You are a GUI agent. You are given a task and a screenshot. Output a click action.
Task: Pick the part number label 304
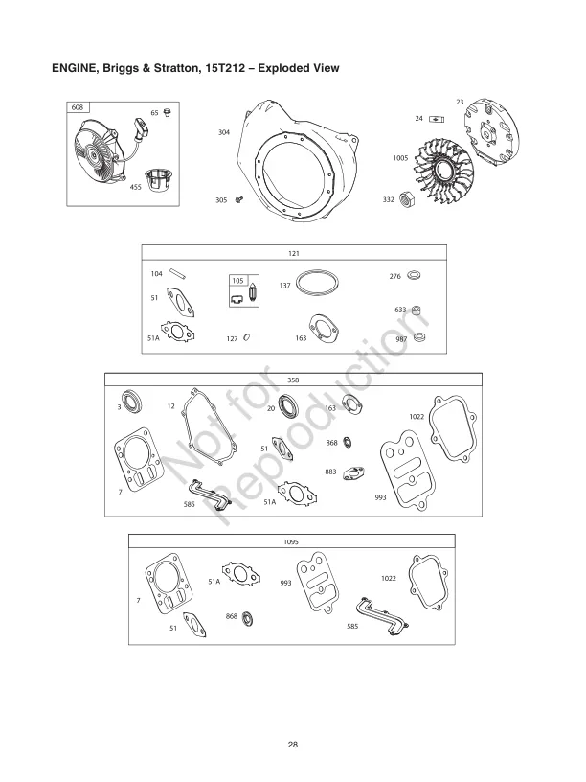(223, 131)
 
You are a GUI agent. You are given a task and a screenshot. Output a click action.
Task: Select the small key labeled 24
(438, 118)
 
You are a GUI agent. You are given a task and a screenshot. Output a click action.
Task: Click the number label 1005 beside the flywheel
(401, 157)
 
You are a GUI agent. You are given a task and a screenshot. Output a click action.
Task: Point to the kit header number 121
(294, 255)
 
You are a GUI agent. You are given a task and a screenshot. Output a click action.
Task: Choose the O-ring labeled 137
(318, 285)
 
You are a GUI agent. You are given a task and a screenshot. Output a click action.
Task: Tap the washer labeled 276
(414, 277)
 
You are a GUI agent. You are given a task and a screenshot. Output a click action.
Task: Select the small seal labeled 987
(419, 338)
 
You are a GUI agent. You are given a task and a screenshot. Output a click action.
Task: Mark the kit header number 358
(293, 379)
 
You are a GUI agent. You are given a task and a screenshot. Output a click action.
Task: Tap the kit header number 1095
(291, 542)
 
